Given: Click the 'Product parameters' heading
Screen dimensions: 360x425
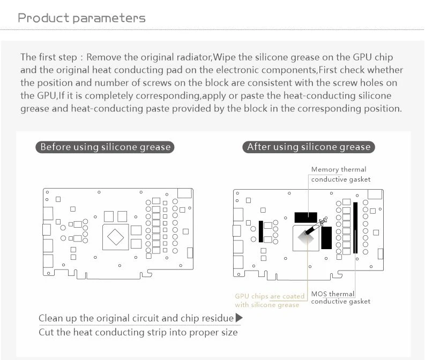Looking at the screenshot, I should click(x=81, y=18).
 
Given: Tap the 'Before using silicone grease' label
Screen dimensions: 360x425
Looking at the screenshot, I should click(x=105, y=147).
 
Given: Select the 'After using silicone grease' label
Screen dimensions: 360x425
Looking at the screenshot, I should click(x=308, y=147).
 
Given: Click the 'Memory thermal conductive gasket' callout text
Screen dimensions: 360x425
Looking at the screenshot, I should click(x=340, y=174).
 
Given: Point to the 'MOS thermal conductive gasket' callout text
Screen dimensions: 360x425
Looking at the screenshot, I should click(x=340, y=297).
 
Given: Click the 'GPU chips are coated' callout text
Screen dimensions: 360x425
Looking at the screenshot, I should click(x=270, y=296).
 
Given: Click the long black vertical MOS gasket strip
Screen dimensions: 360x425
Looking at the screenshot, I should click(x=355, y=228).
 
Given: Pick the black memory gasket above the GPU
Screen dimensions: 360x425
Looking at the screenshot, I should click(x=306, y=217).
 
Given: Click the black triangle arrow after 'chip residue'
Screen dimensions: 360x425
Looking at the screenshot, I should click(x=239, y=318).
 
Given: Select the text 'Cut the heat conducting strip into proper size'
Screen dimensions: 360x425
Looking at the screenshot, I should click(x=138, y=332).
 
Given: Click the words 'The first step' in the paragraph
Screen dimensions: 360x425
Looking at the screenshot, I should click(x=50, y=57).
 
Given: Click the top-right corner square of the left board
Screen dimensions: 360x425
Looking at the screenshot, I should click(x=184, y=194).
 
